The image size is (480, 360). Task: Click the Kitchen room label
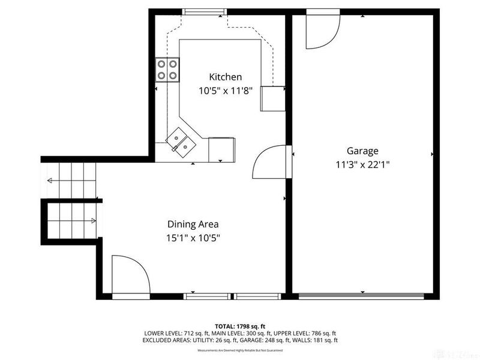(x=225, y=77)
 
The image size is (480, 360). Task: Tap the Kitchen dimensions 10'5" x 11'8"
(x=225, y=91)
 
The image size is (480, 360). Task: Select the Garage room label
(x=362, y=151)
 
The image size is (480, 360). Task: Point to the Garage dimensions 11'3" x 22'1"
(x=362, y=165)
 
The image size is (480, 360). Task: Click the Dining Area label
(x=193, y=224)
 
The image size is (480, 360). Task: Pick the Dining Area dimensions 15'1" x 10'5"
(x=193, y=238)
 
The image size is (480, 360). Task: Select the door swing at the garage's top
(x=321, y=30)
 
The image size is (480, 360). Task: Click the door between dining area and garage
(x=272, y=161)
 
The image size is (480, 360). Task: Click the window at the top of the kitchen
(x=204, y=11)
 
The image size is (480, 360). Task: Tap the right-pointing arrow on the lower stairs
(x=94, y=220)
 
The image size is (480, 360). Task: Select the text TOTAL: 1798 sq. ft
(x=240, y=326)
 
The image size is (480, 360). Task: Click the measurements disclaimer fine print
(x=240, y=350)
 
